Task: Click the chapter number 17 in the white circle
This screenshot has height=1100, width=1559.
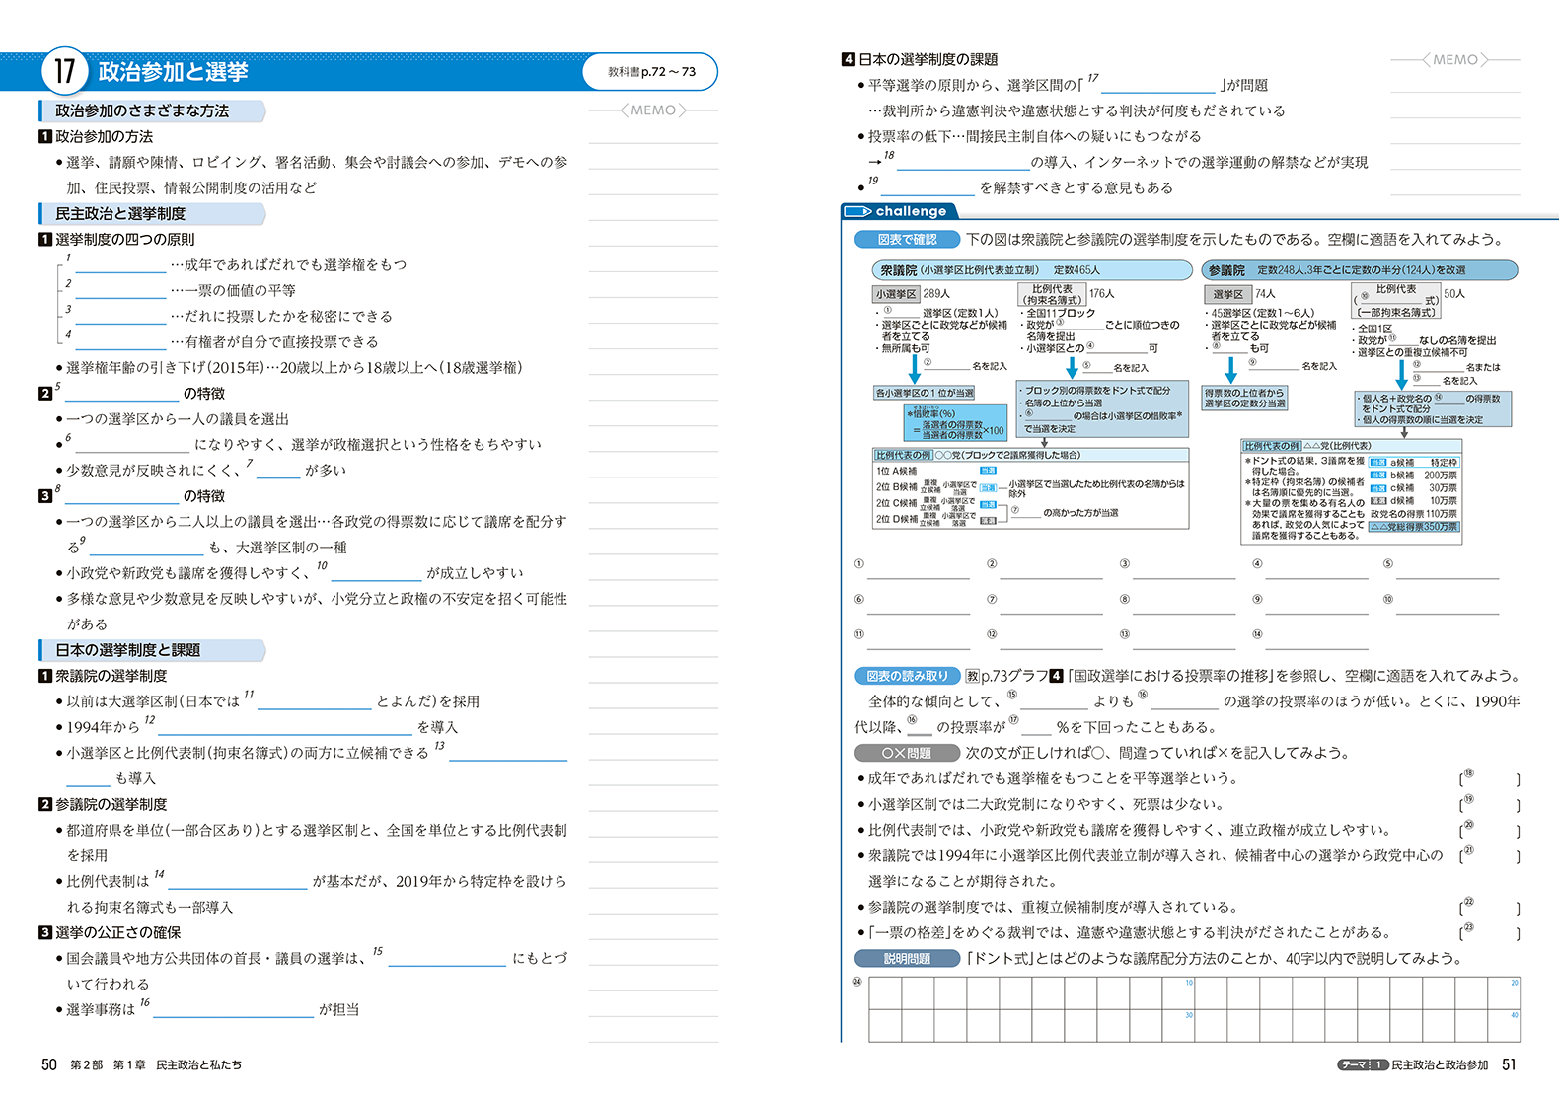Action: coord(64,71)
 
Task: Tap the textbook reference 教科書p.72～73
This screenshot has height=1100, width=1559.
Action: coord(651,72)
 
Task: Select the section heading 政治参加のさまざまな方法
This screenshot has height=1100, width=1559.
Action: coord(142,111)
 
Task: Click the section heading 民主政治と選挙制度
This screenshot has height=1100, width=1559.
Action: coord(120,214)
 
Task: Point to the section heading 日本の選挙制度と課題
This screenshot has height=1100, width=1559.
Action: coord(128,650)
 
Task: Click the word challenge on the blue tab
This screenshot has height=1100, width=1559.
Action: coord(910,211)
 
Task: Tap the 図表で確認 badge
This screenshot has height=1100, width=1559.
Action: coord(907,239)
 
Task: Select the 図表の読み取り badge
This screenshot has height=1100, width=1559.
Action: coord(907,676)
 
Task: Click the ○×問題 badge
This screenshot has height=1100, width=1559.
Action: coord(907,753)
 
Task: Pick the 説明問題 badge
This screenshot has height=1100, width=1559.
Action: coord(907,958)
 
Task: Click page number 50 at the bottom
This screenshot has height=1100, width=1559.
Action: coord(49,1064)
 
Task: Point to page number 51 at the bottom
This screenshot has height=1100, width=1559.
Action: coord(1509,1064)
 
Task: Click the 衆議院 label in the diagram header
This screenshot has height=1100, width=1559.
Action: coord(898,270)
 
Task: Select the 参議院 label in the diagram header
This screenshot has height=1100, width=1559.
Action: coord(1226,270)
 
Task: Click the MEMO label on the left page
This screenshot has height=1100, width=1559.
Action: coord(653,110)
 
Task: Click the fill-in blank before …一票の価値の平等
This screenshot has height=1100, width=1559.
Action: coord(120,291)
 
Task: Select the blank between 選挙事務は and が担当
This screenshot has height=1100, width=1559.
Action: coord(233,1010)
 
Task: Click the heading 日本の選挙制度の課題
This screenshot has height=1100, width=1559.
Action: coord(928,60)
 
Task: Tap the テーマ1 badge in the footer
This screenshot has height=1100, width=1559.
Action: coord(1363,1065)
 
